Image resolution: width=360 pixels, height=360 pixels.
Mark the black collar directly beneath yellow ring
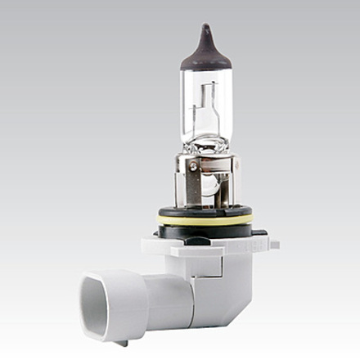[x=205, y=228]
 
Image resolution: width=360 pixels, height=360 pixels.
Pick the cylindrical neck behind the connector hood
[x=164, y=295]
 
